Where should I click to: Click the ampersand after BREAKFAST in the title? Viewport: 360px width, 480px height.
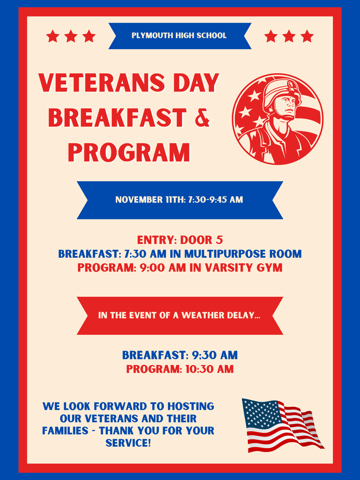click(x=202, y=118)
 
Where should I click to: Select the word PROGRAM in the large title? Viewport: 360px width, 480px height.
click(x=129, y=152)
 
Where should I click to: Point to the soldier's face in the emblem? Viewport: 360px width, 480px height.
click(x=285, y=106)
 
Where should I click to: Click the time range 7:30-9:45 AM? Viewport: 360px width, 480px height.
click(x=216, y=200)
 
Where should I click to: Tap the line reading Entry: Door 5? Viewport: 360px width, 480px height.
click(x=180, y=240)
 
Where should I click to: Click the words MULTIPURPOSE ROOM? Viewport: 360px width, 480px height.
click(x=243, y=254)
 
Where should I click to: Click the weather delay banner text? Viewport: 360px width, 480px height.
click(x=179, y=315)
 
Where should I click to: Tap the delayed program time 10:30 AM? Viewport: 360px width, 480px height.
click(x=209, y=369)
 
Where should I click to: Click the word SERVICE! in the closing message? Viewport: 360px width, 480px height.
click(x=128, y=442)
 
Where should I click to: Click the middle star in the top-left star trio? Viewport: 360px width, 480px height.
click(x=71, y=36)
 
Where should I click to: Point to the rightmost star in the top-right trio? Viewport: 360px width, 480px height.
click(x=307, y=36)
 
